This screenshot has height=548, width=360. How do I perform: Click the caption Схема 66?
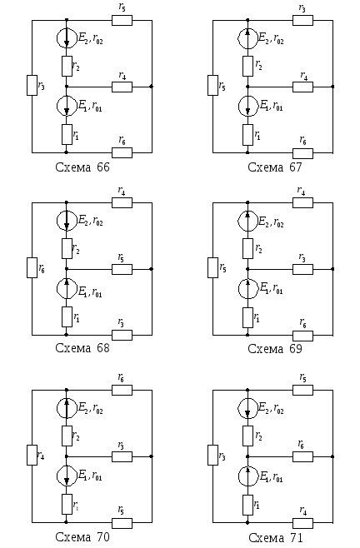[82, 167]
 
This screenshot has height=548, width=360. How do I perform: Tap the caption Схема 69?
[275, 348]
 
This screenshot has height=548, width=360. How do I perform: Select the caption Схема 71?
[276, 537]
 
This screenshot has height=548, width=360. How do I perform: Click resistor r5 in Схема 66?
[122, 20]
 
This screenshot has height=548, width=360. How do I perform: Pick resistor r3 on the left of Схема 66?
[32, 85]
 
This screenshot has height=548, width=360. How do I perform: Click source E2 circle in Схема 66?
[67, 37]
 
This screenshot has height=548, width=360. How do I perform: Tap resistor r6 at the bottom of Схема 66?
[122, 152]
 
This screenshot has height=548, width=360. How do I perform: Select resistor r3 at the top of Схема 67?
[303, 20]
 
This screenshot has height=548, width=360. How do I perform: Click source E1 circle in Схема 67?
[248, 106]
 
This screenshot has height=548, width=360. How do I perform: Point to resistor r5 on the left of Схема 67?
[213, 85]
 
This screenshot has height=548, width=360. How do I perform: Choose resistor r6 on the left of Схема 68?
[32, 267]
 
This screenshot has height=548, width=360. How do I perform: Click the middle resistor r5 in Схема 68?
[122, 269]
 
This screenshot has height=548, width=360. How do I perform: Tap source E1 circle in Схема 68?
[67, 288]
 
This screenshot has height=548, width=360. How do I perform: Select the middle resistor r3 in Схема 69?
[303, 269]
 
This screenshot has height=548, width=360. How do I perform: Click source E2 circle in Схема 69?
[248, 221]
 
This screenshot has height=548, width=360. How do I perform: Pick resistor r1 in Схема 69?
[248, 317]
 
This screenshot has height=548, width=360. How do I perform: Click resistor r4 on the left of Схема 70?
[32, 455]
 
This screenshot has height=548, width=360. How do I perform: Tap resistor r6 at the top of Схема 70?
[122, 390]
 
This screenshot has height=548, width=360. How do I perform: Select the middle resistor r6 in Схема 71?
[303, 456]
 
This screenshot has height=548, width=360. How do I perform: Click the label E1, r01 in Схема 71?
[272, 476]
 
